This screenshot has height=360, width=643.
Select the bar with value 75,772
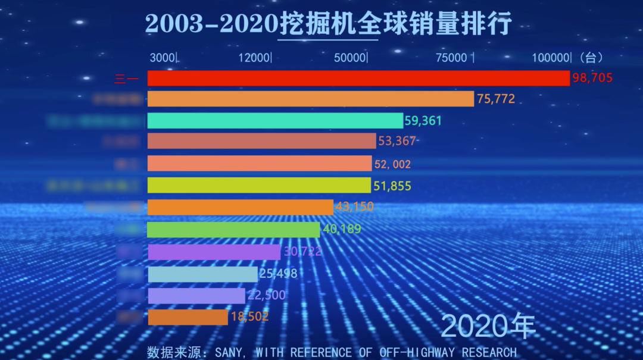[310, 99]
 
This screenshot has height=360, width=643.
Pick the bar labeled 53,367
[261, 141]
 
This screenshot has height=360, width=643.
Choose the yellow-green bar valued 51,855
[259, 185]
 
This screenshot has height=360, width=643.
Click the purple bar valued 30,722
[214, 252]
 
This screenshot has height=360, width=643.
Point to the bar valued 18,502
[188, 317]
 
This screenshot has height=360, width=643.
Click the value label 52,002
[392, 164]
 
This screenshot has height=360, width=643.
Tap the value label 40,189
[342, 229]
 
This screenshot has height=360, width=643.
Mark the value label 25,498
[278, 274]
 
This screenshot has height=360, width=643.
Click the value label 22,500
[266, 295]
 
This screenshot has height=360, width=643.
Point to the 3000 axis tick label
[163, 58]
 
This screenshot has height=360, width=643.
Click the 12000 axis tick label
[254, 58]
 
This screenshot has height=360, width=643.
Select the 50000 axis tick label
[349, 58]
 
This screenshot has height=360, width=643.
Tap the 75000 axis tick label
[452, 58]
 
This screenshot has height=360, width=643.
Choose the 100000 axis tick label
[551, 58]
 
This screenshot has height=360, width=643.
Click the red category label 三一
[129, 79]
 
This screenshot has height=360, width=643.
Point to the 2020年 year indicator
[489, 326]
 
